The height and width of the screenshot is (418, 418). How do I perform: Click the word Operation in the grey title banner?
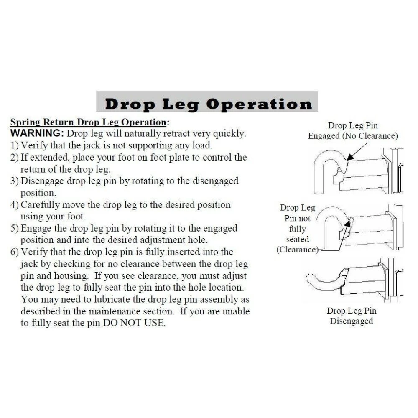[259, 104]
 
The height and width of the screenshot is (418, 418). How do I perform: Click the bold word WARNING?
[37, 133]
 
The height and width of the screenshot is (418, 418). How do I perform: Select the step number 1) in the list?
[14, 145]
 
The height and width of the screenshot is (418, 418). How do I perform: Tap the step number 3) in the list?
[14, 181]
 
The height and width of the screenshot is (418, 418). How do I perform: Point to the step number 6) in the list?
[14, 252]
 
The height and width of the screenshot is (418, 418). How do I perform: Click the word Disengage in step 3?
[42, 181]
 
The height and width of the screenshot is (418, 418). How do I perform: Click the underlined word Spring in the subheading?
[25, 122]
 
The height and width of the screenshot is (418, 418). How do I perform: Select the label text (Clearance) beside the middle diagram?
[298, 250]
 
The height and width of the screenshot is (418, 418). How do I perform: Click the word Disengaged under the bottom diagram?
[352, 321]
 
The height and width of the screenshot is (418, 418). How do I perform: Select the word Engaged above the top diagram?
[324, 136]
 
